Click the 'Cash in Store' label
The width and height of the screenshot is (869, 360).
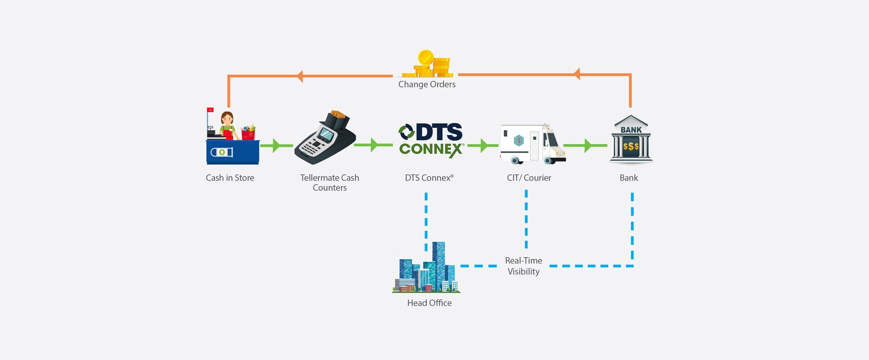(230, 178)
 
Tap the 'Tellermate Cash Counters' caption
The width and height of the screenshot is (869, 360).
(330, 182)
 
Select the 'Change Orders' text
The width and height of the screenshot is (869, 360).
(427, 84)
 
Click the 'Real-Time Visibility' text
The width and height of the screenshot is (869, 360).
(523, 266)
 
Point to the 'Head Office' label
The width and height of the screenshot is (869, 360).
(429, 303)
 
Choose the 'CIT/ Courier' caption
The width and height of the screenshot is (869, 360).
(529, 178)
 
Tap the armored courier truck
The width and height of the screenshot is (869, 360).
(532, 144)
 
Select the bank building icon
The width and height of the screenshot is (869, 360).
(631, 140)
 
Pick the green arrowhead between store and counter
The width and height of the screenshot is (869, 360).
(276, 145)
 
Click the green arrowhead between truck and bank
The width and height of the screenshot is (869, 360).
(588, 145)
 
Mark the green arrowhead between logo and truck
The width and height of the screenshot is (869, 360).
(483, 145)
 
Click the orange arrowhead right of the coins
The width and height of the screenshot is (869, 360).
(577, 74)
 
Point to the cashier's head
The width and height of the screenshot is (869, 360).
(227, 118)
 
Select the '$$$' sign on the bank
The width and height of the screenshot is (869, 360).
(631, 146)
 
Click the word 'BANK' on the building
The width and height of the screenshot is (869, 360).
(631, 130)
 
